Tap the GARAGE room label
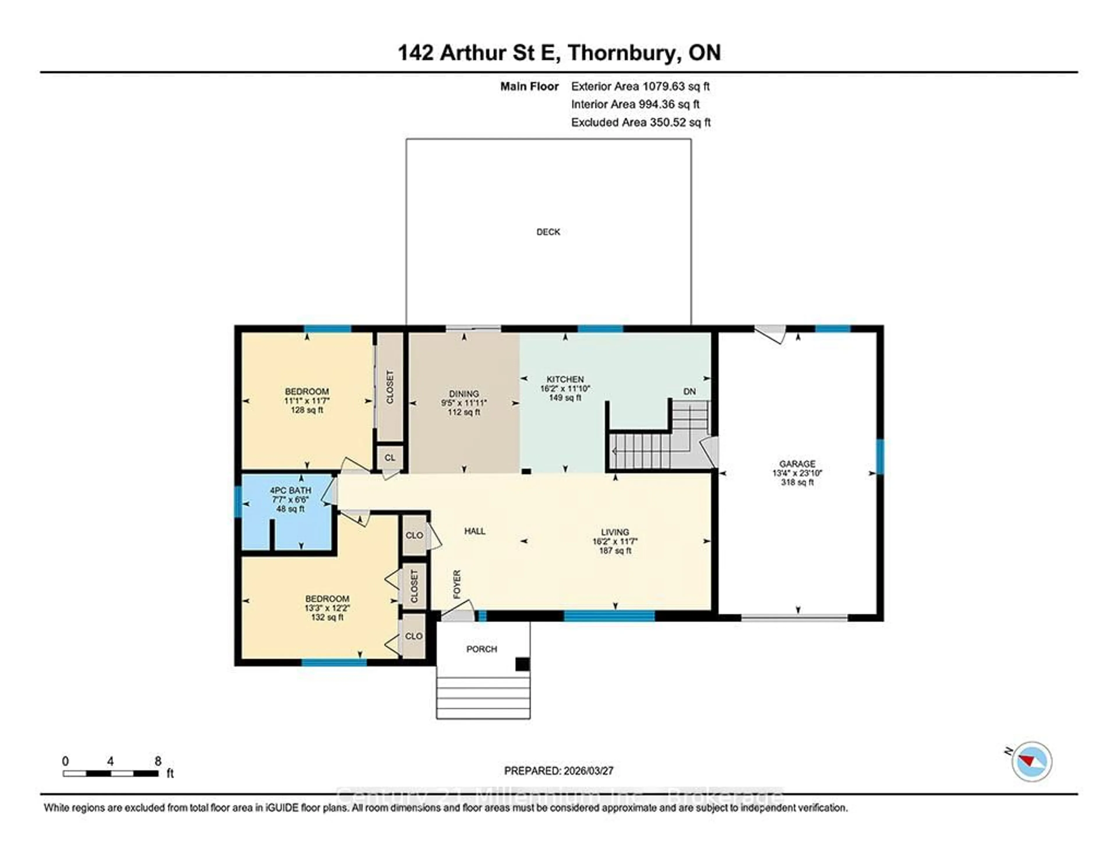797,463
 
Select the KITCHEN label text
565,379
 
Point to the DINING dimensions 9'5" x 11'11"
464,403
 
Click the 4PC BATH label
290,490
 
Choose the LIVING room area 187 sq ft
615,551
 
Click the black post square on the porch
522,664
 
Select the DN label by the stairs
689,391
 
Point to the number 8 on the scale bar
158,761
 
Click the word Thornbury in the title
622,53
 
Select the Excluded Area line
641,122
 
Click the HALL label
475,531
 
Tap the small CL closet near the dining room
390,457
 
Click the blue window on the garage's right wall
880,457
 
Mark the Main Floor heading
529,87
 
